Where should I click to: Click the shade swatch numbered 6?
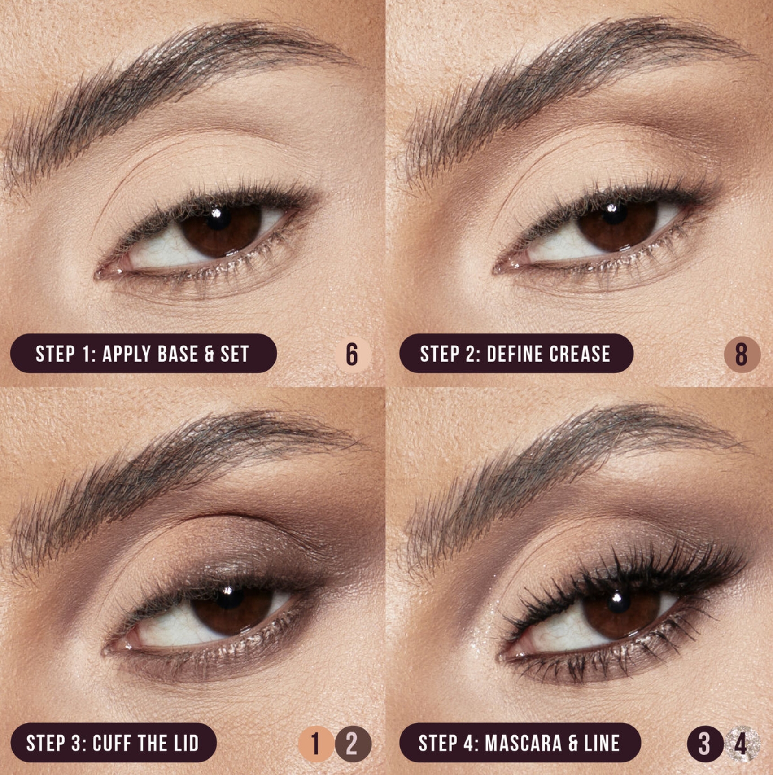[x=353, y=355]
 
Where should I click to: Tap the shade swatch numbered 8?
[x=742, y=355]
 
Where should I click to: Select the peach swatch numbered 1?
[x=316, y=744]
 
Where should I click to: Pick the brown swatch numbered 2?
[x=353, y=744]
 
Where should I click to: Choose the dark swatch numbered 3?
[x=705, y=744]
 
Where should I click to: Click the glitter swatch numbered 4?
[x=742, y=744]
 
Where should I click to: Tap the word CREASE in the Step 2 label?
[x=580, y=354]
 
